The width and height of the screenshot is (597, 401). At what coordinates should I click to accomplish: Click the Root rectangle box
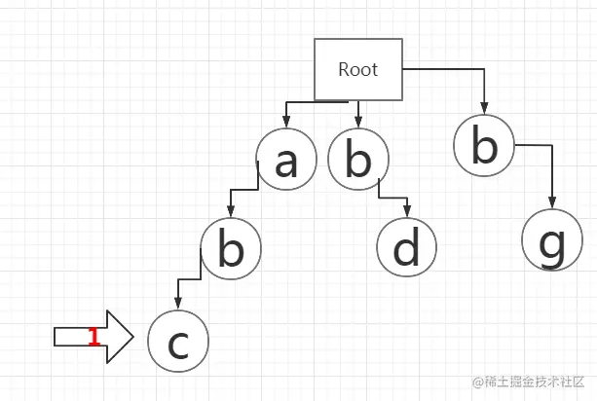(x=357, y=69)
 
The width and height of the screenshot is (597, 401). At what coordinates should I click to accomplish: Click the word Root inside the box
(x=357, y=69)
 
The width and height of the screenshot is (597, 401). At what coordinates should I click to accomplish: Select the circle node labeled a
(x=286, y=162)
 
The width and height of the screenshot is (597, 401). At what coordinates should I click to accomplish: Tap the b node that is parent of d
(x=357, y=162)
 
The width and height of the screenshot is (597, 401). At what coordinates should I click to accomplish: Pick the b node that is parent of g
(x=484, y=146)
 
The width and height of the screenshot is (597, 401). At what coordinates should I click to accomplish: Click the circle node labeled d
(x=407, y=248)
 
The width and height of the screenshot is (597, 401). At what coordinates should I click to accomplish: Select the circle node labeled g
(x=552, y=239)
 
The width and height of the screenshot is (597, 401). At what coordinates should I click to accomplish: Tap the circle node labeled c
(x=178, y=342)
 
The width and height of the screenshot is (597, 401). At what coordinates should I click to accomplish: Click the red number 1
(x=93, y=337)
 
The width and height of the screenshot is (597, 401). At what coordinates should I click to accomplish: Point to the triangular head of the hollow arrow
(x=118, y=337)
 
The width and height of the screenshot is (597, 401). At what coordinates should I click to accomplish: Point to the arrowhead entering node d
(x=407, y=213)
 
